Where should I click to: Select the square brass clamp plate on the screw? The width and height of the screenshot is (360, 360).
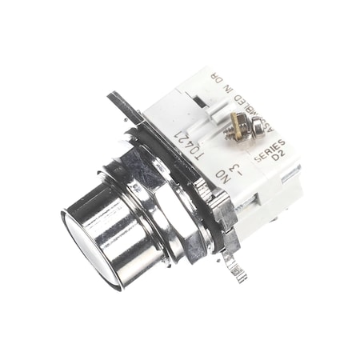237,120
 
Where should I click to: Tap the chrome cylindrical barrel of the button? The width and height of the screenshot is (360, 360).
120,228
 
